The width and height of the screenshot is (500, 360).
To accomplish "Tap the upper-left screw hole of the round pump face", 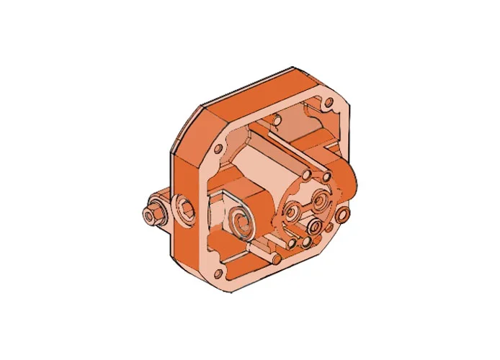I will coord(307,175).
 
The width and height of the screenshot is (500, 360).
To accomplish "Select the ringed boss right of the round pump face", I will coord(343,215).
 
